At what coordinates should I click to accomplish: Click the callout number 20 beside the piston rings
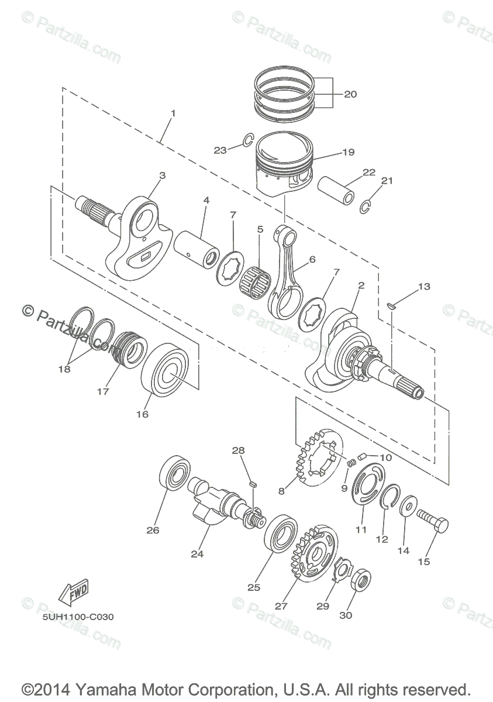point(350,94)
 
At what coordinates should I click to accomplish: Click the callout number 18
point(64,369)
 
